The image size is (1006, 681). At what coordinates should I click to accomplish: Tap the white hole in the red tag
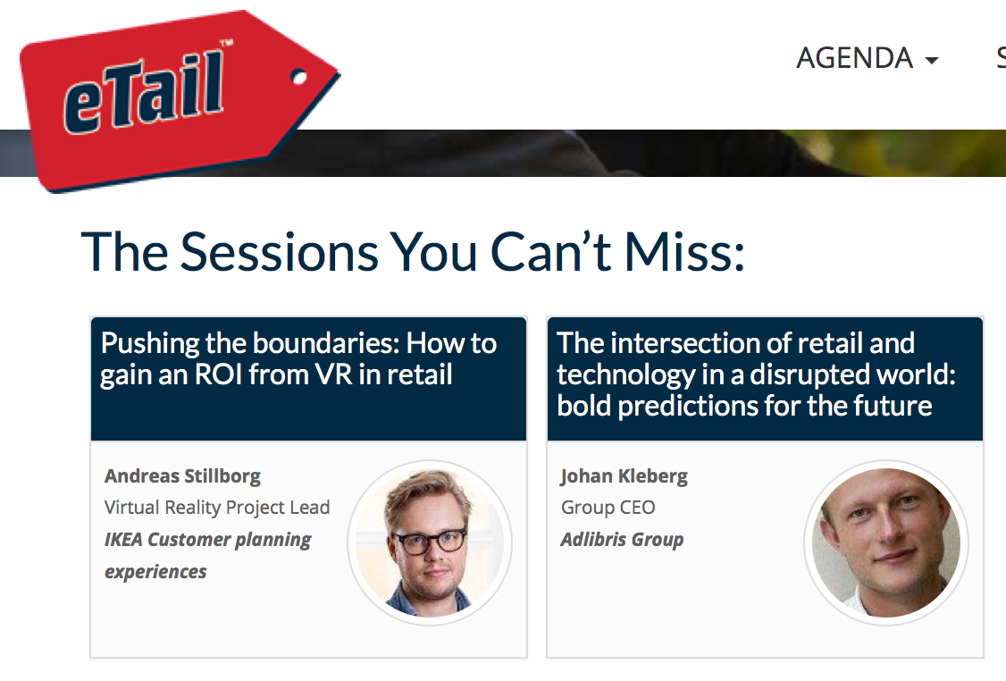coord(298,79)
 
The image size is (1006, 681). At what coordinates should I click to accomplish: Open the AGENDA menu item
coord(854,58)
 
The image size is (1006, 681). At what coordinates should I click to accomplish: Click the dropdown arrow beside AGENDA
coord(932,61)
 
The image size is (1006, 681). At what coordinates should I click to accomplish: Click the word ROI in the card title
coord(216,374)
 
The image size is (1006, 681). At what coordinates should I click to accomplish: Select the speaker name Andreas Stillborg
coord(183,476)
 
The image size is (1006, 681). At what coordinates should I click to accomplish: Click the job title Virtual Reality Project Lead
coord(217,508)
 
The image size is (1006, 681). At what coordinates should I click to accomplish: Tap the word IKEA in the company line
coord(123,539)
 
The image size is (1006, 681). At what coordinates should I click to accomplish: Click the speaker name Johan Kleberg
coord(625,476)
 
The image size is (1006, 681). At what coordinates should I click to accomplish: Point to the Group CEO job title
coord(608,508)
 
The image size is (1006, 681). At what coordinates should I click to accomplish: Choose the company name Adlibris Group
coord(623,540)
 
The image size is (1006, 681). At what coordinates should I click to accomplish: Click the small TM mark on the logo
coord(226,44)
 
